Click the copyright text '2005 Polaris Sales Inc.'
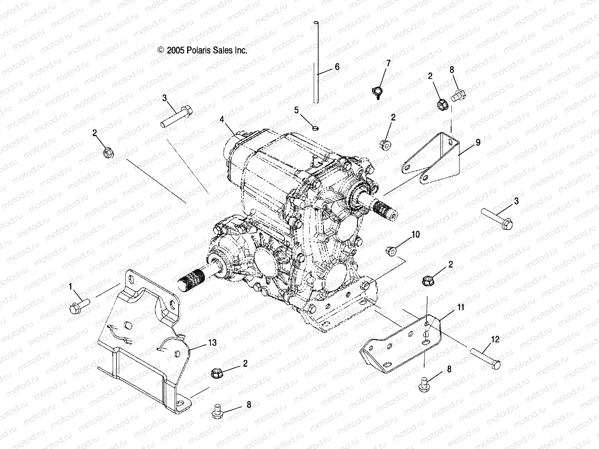(202, 51)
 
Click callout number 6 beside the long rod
(347, 67)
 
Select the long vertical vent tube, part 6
(316, 64)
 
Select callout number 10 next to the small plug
(416, 235)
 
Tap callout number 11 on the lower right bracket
(461, 307)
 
